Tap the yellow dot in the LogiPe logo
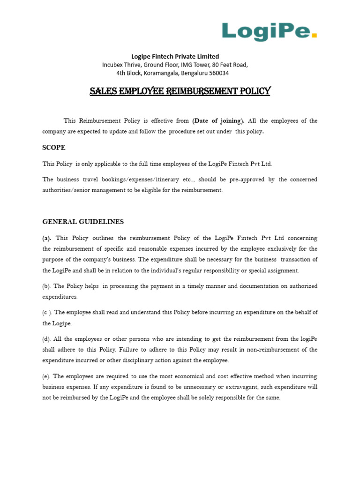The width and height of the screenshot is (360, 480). [x=314, y=34]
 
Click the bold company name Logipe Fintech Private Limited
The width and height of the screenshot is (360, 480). [x=175, y=56]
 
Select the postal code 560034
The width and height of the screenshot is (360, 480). [x=217, y=73]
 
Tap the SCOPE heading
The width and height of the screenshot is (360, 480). [x=54, y=148]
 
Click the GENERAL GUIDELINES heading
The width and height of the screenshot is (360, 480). [x=83, y=221]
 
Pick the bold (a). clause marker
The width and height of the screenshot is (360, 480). [x=47, y=238]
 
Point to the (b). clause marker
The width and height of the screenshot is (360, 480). [x=47, y=286]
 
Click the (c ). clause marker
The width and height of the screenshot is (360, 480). [x=47, y=312]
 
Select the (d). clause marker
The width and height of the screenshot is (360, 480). [x=47, y=338]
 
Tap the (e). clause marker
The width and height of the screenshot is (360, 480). [x=47, y=376]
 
